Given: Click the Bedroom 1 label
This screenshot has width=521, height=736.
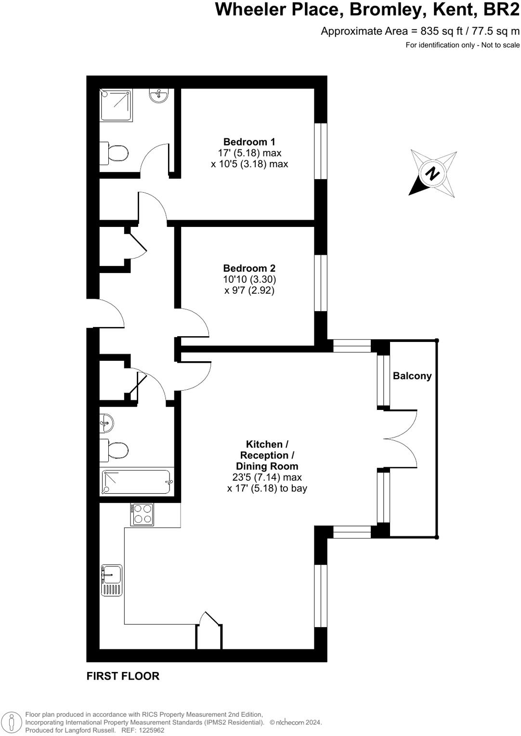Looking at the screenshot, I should [x=249, y=142].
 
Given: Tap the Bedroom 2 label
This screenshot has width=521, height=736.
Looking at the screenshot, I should [x=249, y=268].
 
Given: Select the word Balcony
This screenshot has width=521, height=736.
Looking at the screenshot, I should [x=412, y=376].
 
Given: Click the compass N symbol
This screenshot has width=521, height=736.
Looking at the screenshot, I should [x=432, y=173].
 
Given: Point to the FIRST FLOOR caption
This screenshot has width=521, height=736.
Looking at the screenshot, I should [x=123, y=676].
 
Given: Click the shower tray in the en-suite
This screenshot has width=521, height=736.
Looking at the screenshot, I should [x=114, y=105].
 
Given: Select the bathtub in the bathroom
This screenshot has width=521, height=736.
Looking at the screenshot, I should [x=137, y=482].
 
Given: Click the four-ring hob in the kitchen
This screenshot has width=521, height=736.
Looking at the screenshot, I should [x=142, y=514].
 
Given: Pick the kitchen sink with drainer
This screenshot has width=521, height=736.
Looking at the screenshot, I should [x=112, y=580].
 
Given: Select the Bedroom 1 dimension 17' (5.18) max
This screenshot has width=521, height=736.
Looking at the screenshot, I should [x=249, y=153].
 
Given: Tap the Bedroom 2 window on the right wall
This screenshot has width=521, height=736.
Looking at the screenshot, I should [x=321, y=283].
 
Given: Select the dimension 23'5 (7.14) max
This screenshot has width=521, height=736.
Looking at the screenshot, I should [x=267, y=477].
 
